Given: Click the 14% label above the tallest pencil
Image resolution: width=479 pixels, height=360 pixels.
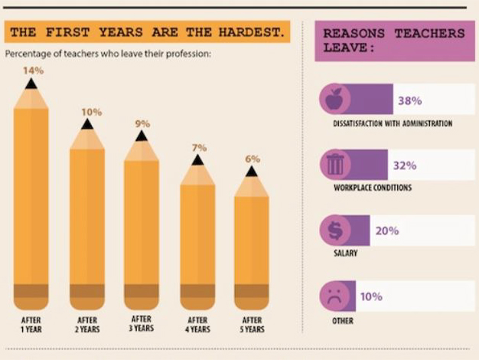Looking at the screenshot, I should pyautogui.click(x=33, y=70).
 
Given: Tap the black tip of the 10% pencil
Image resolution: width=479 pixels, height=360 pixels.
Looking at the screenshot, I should pyautogui.click(x=87, y=124).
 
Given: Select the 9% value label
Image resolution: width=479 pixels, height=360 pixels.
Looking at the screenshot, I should pyautogui.click(x=142, y=123).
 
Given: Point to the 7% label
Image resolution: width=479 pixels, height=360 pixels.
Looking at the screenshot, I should pyautogui.click(x=199, y=148).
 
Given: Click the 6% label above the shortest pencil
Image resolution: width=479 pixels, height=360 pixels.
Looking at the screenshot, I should pyautogui.click(x=253, y=159).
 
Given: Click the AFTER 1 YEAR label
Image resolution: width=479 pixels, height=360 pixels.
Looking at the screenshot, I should pyautogui.click(x=31, y=324).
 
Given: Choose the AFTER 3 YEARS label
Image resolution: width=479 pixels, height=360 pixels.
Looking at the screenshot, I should pyautogui.click(x=142, y=324).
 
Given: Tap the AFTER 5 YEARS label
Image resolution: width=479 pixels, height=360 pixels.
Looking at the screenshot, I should pyautogui.click(x=253, y=324).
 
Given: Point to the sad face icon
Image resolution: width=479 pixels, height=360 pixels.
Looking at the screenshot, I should pyautogui.click(x=334, y=296).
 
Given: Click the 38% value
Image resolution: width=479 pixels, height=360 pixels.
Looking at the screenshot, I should pyautogui.click(x=410, y=100).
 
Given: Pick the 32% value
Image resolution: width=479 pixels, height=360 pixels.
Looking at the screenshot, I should pyautogui.click(x=405, y=165).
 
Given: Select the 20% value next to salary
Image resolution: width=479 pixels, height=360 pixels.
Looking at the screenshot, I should pyautogui.click(x=388, y=231).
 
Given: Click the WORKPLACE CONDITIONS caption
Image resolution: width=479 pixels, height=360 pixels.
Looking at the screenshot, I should pyautogui.click(x=373, y=188).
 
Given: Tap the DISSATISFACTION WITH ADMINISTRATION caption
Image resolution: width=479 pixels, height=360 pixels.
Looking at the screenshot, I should pyautogui.click(x=393, y=123).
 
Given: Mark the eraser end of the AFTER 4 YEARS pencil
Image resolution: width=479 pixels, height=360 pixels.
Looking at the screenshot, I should pyautogui.click(x=197, y=292).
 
